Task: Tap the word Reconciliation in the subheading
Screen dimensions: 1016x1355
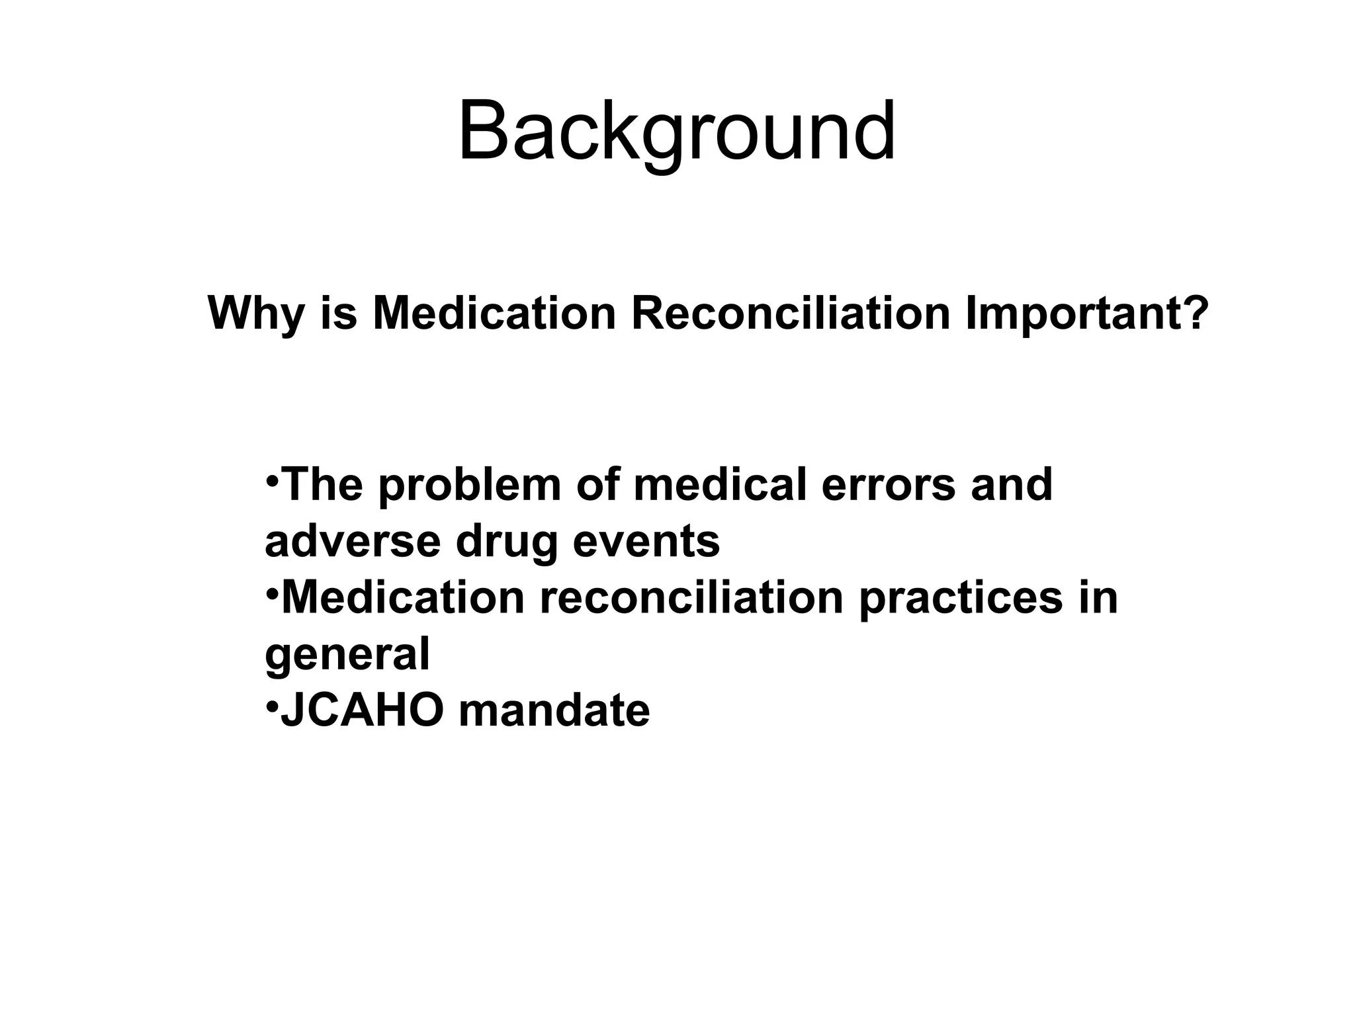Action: (x=791, y=313)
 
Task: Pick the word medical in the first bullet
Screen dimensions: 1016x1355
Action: (x=720, y=485)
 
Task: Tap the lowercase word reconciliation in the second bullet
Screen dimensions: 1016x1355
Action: (x=691, y=597)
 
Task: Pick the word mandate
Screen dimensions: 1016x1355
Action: (x=554, y=711)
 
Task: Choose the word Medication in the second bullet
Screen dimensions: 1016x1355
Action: (x=403, y=597)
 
